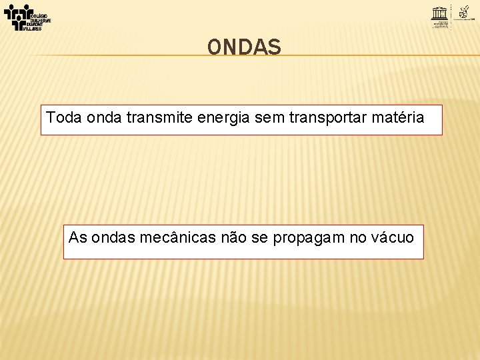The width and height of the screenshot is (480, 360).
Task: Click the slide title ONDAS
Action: [x=244, y=47]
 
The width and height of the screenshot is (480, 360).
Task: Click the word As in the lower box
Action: [x=77, y=237]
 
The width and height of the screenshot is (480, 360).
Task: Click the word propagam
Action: [x=307, y=237]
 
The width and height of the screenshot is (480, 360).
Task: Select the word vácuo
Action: [x=393, y=237]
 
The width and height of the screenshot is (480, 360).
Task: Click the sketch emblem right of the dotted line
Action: [x=465, y=11]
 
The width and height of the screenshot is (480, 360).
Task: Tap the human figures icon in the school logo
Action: [x=17, y=15]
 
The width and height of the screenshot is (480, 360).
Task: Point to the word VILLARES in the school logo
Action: [x=31, y=29]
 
